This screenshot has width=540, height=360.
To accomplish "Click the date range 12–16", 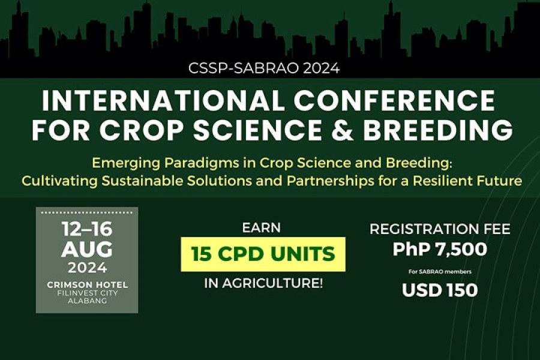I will (x=87, y=229).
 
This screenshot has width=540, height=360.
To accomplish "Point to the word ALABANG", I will (x=87, y=301).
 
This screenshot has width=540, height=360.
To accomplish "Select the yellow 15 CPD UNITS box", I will (x=263, y=254).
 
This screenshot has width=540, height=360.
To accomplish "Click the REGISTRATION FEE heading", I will (x=440, y=229).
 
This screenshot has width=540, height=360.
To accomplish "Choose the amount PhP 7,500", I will (x=440, y=249).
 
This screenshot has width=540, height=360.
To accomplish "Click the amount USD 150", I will (x=440, y=290).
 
